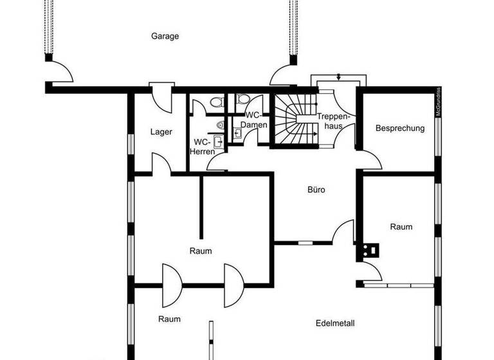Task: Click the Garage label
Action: (x=165, y=37)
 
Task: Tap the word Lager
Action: (x=161, y=132)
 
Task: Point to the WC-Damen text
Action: (x=253, y=120)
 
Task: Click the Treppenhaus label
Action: (x=333, y=122)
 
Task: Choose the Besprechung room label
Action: (x=400, y=128)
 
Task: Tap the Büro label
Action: (x=316, y=190)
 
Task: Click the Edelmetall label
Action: (x=335, y=323)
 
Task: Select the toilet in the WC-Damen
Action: (x=242, y=99)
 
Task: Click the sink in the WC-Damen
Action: (x=237, y=133)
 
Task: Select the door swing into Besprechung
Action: (x=367, y=158)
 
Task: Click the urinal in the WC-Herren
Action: (x=220, y=125)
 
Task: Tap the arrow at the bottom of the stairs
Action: (x=313, y=134)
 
